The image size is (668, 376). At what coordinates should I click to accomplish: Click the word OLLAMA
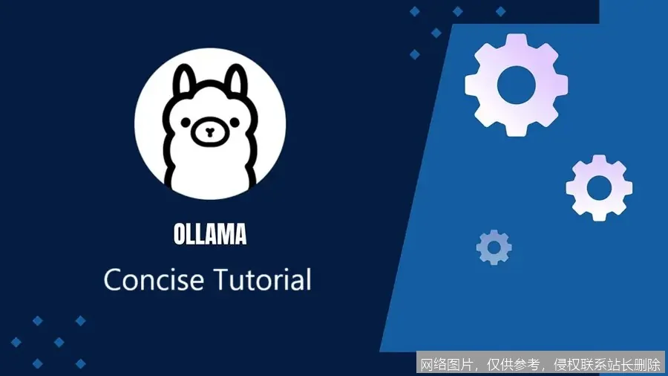tap(209, 235)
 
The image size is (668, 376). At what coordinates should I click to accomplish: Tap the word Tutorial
tap(263, 280)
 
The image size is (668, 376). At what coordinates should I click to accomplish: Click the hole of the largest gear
tap(516, 84)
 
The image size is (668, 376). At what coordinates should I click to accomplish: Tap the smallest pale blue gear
tap(494, 247)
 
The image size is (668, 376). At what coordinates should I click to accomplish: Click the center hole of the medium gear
tap(599, 187)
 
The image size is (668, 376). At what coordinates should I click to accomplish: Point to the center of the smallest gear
tap(494, 247)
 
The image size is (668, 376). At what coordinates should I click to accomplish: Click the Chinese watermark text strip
tap(540, 364)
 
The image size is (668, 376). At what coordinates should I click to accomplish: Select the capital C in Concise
tap(114, 280)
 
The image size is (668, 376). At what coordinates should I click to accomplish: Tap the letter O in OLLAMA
tap(180, 235)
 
